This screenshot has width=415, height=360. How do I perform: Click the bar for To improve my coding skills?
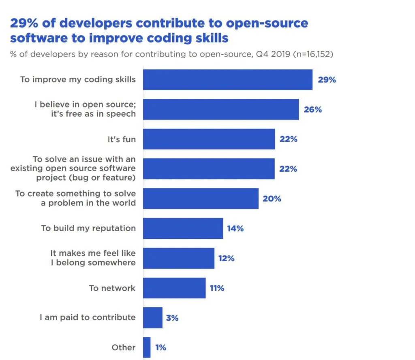click(x=227, y=80)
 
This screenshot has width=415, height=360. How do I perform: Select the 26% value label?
click(x=312, y=109)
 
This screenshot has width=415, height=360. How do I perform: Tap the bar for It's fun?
click(x=209, y=139)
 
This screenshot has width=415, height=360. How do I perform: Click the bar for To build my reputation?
click(x=183, y=228)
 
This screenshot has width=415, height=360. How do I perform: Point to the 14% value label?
click(x=235, y=228)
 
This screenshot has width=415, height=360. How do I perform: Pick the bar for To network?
click(x=174, y=288)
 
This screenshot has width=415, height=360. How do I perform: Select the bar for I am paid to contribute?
click(x=153, y=317)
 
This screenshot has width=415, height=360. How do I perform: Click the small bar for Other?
click(x=147, y=347)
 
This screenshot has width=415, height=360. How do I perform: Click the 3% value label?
click(x=172, y=318)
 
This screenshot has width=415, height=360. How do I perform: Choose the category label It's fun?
click(x=122, y=139)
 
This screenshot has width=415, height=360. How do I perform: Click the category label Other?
click(x=124, y=347)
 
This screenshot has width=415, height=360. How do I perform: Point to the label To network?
click(x=112, y=288)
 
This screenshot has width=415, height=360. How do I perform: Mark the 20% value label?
click(x=272, y=199)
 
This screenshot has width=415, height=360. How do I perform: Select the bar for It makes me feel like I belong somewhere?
click(x=178, y=258)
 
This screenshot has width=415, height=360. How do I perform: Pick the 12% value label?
click(x=226, y=258)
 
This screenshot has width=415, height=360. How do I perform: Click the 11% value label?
click(x=217, y=288)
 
